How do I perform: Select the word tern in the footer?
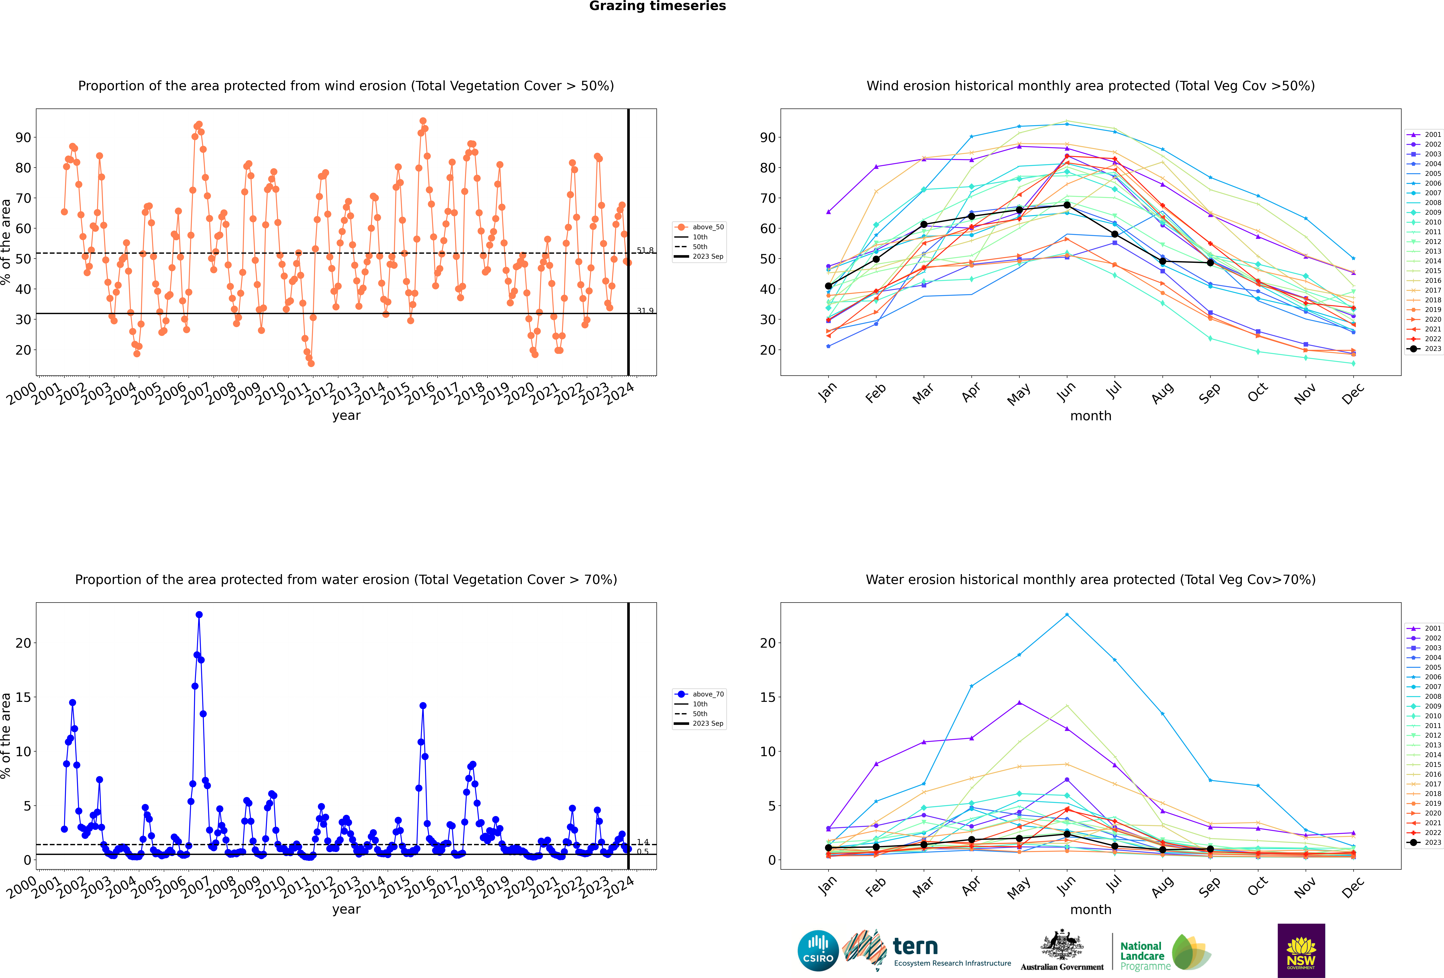coord(915,946)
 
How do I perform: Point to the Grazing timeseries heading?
coord(657,6)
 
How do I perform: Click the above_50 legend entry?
coord(699,227)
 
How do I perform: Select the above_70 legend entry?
coord(699,694)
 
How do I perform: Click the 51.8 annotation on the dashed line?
coord(645,250)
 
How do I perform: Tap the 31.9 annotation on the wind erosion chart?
coord(645,311)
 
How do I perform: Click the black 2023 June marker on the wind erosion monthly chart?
coord(1067,205)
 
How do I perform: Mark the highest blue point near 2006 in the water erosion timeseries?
coord(199,615)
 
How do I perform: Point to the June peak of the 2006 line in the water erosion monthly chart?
coord(1067,615)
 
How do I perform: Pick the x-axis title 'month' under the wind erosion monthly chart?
coord(1090,416)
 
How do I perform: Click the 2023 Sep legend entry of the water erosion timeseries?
coord(699,723)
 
